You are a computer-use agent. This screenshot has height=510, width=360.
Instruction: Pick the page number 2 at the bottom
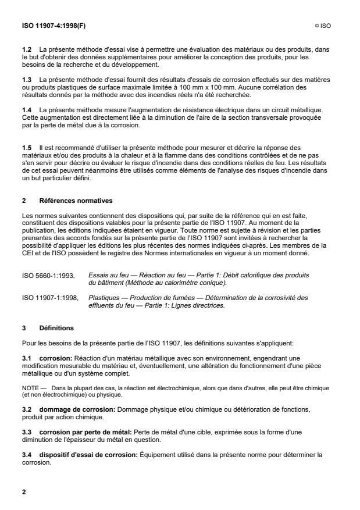(x=24, y=491)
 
